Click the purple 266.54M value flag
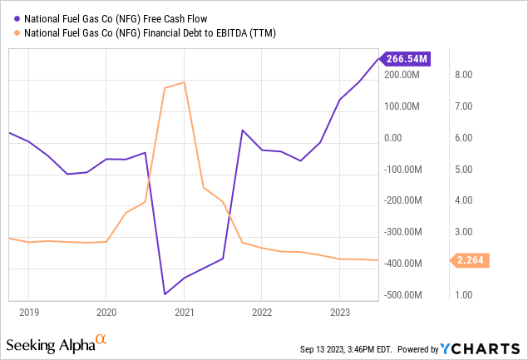(405, 59)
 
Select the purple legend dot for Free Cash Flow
(17, 19)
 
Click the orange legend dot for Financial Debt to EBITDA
(17, 33)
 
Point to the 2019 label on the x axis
(29, 313)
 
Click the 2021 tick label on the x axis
(185, 313)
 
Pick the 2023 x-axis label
(340, 313)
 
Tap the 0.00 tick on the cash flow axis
(393, 138)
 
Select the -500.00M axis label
(402, 295)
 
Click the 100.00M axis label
(402, 106)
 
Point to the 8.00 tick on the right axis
(464, 75)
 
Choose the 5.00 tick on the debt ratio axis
(464, 170)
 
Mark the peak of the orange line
(185, 82)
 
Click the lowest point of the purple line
(165, 294)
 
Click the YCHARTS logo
(480, 349)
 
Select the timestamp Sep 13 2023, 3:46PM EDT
(346, 349)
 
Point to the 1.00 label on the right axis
(464, 295)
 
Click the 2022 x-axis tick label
(262, 313)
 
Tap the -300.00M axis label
(402, 232)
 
